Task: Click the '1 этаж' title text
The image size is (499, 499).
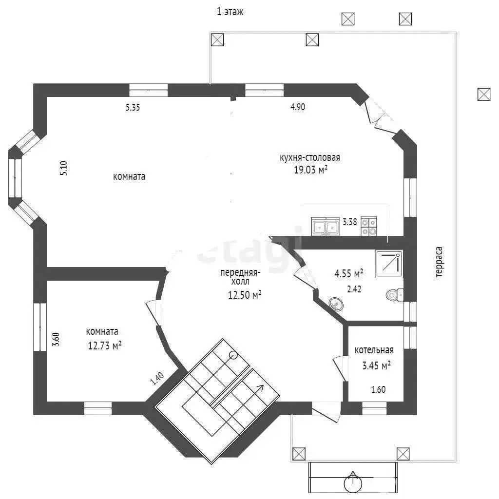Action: pyautogui.click(x=230, y=12)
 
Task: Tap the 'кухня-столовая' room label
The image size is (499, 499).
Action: pyautogui.click(x=310, y=157)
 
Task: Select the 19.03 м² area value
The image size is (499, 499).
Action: pyautogui.click(x=310, y=170)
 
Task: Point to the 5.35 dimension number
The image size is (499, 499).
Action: pyautogui.click(x=133, y=107)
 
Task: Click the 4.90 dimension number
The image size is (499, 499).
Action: pyautogui.click(x=298, y=107)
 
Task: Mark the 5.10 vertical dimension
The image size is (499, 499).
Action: pyautogui.click(x=64, y=168)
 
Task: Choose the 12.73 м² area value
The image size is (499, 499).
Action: pyautogui.click(x=104, y=345)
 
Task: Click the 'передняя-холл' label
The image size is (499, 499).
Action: pyautogui.click(x=240, y=277)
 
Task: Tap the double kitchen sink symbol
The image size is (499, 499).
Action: pyautogui.click(x=325, y=226)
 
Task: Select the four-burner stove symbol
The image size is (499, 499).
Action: pyautogui.click(x=369, y=226)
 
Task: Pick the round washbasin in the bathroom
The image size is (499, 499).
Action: pyautogui.click(x=336, y=304)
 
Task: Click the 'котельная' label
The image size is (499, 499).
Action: pyautogui.click(x=374, y=350)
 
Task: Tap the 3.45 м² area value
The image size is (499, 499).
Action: pyautogui.click(x=376, y=365)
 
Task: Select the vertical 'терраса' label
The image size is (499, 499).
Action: pyautogui.click(x=439, y=262)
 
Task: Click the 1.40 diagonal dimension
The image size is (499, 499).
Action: pyautogui.click(x=157, y=378)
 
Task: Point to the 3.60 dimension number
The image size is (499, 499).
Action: pyautogui.click(x=56, y=339)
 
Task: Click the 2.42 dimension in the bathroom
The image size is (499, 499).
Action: pyautogui.click(x=354, y=289)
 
